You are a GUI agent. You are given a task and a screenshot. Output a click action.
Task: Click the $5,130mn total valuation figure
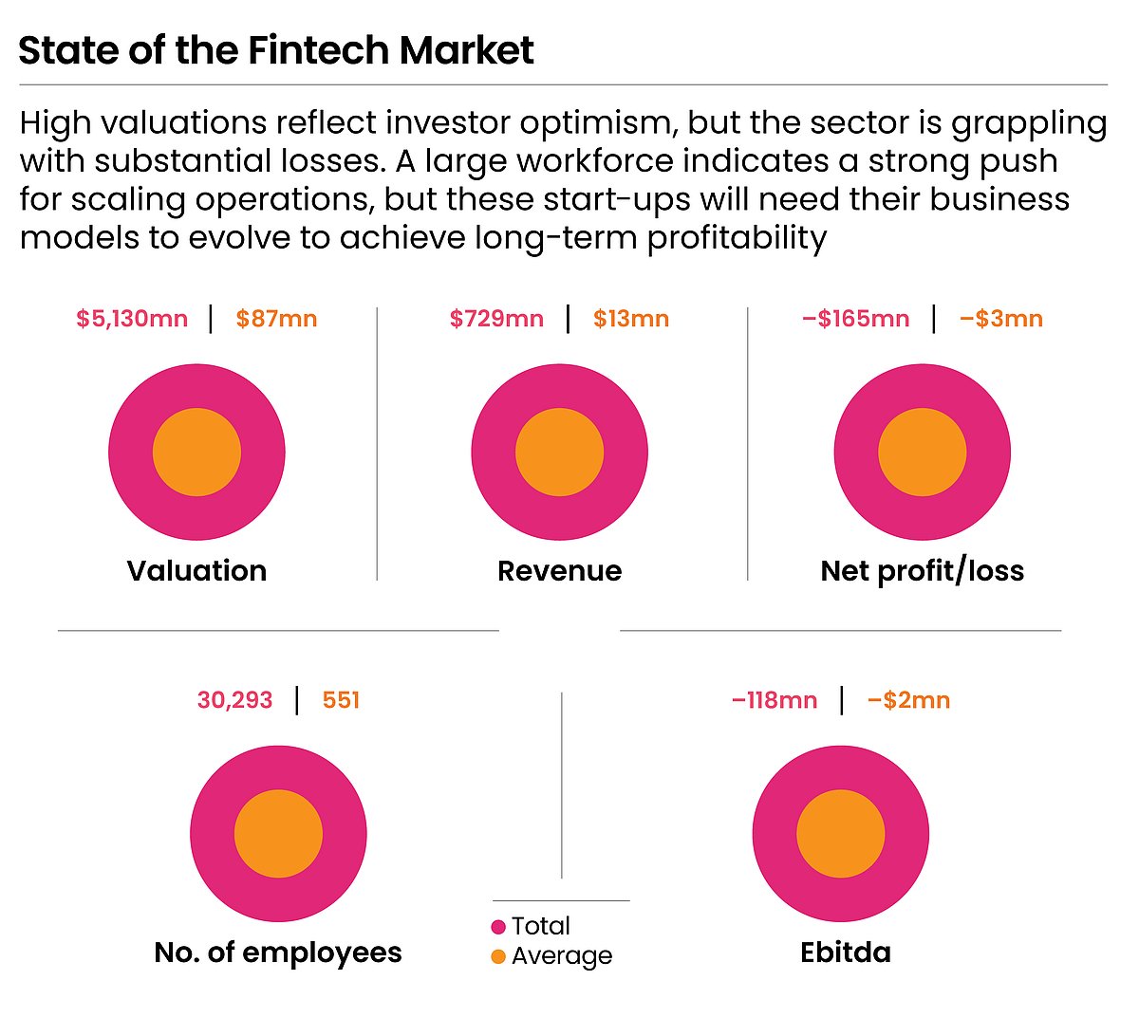[132, 319]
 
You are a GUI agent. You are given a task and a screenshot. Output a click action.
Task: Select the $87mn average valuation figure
[276, 319]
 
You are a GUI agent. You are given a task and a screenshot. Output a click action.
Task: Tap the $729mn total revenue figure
[496, 319]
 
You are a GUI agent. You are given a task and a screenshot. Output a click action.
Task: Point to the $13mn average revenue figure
[631, 319]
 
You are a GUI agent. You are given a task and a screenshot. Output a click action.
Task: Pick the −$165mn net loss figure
[855, 319]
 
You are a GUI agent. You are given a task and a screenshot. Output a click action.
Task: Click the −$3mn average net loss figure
[1000, 319]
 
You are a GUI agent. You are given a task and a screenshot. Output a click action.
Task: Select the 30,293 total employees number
[234, 700]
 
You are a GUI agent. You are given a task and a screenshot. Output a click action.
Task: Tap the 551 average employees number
[341, 700]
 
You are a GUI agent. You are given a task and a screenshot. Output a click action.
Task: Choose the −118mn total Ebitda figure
[774, 700]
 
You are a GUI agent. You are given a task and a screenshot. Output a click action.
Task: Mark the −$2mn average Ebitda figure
[908, 700]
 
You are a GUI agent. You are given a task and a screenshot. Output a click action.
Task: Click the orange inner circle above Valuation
[196, 453]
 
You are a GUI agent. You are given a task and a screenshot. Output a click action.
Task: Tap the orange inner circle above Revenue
[559, 453]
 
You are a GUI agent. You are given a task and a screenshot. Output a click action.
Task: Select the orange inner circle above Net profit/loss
[922, 453]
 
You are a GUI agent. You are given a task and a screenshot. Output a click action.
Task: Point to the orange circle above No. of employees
[278, 834]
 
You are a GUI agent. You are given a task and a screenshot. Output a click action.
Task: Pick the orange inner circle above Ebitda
[840, 834]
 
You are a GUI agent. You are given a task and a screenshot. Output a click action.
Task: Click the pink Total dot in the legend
[498, 927]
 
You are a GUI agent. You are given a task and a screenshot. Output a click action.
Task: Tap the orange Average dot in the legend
[498, 956]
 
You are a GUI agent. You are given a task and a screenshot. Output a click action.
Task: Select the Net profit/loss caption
[922, 571]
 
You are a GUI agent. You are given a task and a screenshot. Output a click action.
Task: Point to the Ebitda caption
[845, 953]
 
